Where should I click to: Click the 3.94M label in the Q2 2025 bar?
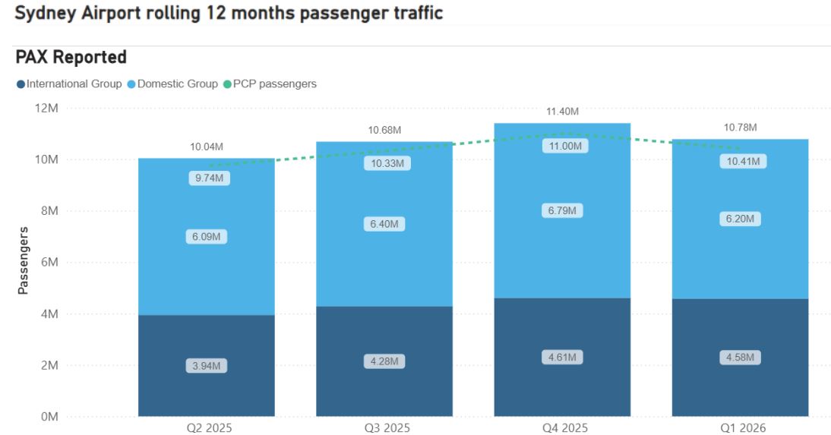pos(206,366)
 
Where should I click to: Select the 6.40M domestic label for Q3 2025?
pos(384,224)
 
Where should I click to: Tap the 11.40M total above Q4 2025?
pos(562,112)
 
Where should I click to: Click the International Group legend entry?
pos(69,84)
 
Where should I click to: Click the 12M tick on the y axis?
pos(47,108)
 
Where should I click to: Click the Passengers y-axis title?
pos(23,260)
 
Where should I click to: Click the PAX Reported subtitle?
pos(71,57)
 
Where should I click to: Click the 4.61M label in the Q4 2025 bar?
pos(562,357)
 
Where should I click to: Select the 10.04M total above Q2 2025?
pos(206,147)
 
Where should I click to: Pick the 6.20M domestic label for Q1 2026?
pos(741,219)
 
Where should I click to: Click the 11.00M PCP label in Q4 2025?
pos(564,147)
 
